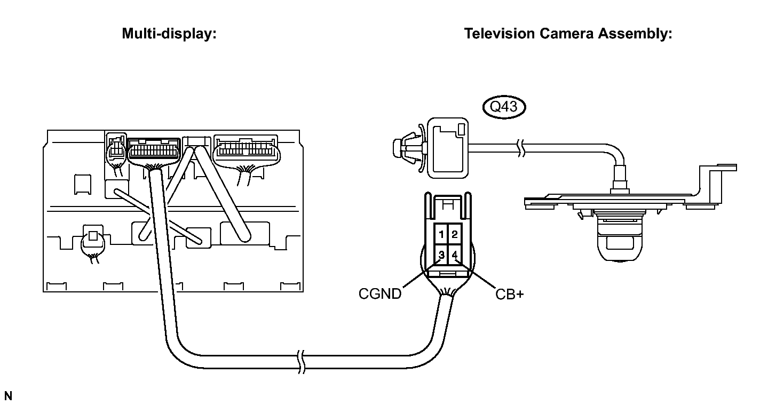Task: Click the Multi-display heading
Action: (x=169, y=34)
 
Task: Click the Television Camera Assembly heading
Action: (x=568, y=34)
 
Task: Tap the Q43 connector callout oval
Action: (x=504, y=107)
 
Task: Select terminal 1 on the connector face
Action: (x=441, y=234)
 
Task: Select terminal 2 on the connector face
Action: (x=455, y=234)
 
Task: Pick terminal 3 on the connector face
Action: (x=441, y=255)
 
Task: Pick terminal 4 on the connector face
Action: (x=455, y=255)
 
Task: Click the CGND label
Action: (x=380, y=293)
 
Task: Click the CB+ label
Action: (x=510, y=294)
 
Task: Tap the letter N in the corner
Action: (x=8, y=396)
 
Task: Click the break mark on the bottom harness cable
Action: (x=302, y=362)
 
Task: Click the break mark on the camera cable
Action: (x=521, y=148)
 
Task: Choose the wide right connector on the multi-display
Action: (x=247, y=150)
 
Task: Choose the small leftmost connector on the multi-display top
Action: (x=116, y=149)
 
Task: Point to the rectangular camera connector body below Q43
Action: (x=448, y=148)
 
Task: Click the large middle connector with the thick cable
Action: (x=154, y=152)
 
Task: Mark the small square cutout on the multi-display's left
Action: (x=83, y=185)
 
